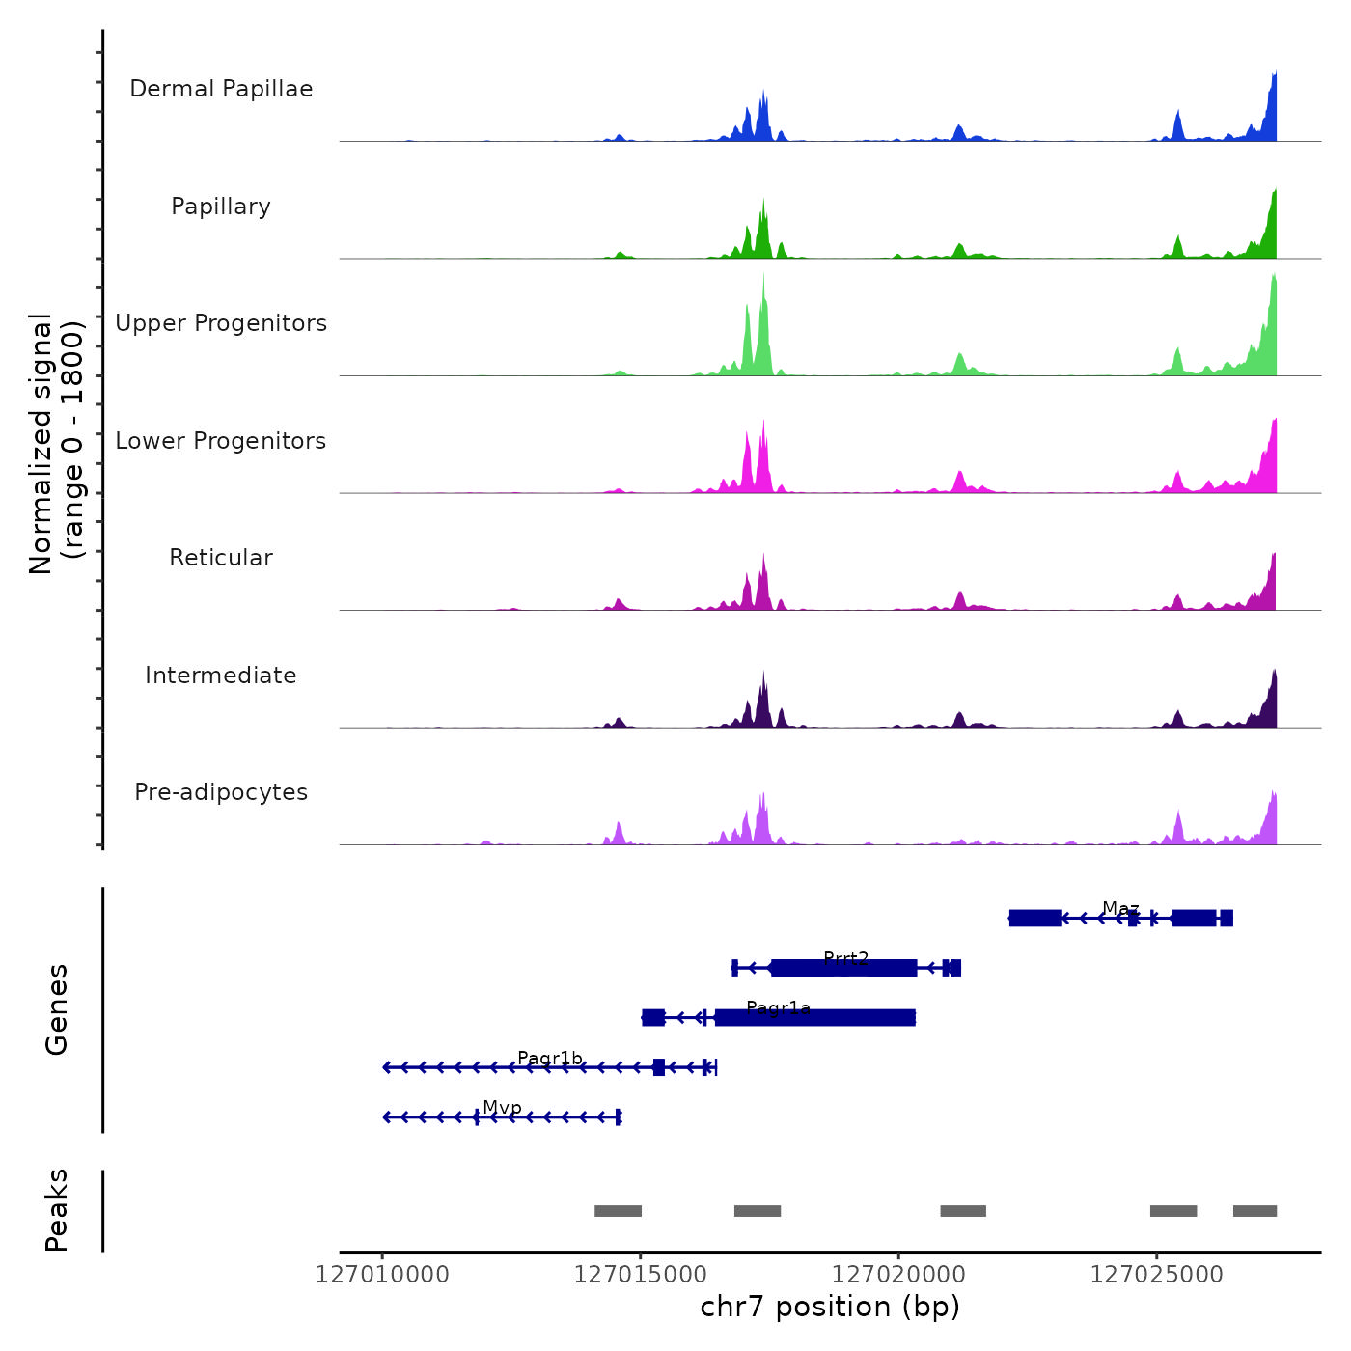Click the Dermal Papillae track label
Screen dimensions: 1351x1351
(x=221, y=89)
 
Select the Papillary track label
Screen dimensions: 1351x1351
(x=221, y=207)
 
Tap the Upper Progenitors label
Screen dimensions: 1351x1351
(x=221, y=323)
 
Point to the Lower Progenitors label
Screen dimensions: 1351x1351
(x=221, y=441)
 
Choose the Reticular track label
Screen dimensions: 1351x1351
(x=221, y=558)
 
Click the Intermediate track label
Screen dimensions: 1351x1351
(x=221, y=675)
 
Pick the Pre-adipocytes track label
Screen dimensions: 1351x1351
(x=221, y=792)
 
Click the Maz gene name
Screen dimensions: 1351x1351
(x=1120, y=909)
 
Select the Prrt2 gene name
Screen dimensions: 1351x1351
(x=846, y=958)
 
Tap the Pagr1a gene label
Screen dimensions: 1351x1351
(x=779, y=1008)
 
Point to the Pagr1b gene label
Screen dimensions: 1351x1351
(x=550, y=1059)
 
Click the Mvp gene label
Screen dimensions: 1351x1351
(x=503, y=1108)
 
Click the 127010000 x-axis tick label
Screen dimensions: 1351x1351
(x=382, y=1275)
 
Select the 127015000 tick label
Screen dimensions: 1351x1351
(x=641, y=1275)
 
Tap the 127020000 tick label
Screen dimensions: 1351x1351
(x=898, y=1275)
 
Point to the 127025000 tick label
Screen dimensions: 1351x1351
(x=1156, y=1275)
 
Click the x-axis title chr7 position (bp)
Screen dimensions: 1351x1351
(x=830, y=1307)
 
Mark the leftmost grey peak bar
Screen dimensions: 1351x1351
(x=618, y=1211)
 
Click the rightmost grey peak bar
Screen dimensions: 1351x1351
(x=1254, y=1211)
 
